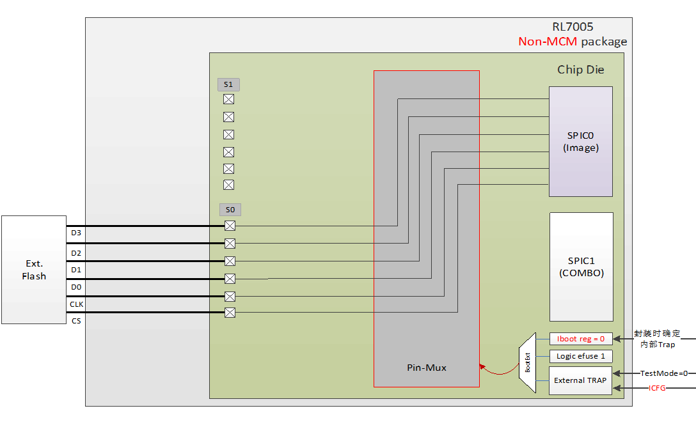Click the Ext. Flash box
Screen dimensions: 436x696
click(34, 269)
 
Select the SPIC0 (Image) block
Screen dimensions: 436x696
click(580, 141)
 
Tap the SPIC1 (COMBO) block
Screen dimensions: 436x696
click(581, 267)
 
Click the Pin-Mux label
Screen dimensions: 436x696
click(427, 368)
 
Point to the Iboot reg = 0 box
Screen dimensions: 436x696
click(581, 339)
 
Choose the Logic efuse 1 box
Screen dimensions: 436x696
click(581, 356)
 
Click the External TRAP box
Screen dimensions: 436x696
click(580, 380)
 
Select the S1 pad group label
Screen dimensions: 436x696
click(228, 84)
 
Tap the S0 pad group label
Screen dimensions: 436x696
click(230, 209)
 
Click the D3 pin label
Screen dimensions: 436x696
click(76, 233)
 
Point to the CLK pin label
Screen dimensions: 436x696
click(77, 304)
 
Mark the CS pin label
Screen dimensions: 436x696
click(76, 321)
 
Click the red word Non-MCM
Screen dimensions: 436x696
click(548, 42)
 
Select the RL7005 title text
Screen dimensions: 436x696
click(573, 27)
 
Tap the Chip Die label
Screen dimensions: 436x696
click(580, 70)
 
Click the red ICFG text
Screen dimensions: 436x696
click(657, 388)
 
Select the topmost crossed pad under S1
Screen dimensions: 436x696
click(228, 99)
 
